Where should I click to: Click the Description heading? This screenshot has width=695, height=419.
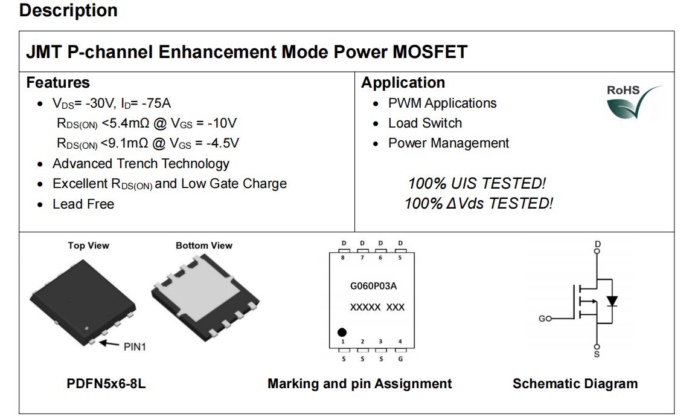pyautogui.click(x=68, y=10)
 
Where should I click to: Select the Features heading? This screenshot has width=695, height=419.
pyautogui.click(x=58, y=83)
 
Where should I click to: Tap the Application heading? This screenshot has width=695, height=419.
pyautogui.click(x=403, y=83)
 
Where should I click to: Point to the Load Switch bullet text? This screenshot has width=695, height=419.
pyautogui.click(x=425, y=123)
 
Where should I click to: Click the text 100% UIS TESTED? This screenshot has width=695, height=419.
pyautogui.click(x=477, y=183)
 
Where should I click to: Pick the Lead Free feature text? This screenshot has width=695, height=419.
pyautogui.click(x=83, y=204)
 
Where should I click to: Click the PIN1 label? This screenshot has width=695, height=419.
pyautogui.click(x=135, y=347)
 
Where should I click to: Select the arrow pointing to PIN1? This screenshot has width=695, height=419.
pyautogui.click(x=109, y=343)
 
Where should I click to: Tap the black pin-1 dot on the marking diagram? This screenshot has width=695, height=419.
pyautogui.click(x=342, y=332)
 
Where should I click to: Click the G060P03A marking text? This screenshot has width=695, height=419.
pyautogui.click(x=373, y=287)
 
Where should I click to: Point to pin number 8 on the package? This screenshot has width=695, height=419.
pyautogui.click(x=343, y=258)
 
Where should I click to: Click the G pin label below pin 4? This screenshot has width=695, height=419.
pyautogui.click(x=400, y=359)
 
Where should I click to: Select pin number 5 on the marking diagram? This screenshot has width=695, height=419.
pyautogui.click(x=400, y=258)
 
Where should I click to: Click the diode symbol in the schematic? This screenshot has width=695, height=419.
pyautogui.click(x=612, y=300)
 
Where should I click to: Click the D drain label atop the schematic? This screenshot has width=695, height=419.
pyautogui.click(x=598, y=245)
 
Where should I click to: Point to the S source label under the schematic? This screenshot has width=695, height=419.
pyautogui.click(x=597, y=354)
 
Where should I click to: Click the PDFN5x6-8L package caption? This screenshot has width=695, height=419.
pyautogui.click(x=106, y=384)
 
